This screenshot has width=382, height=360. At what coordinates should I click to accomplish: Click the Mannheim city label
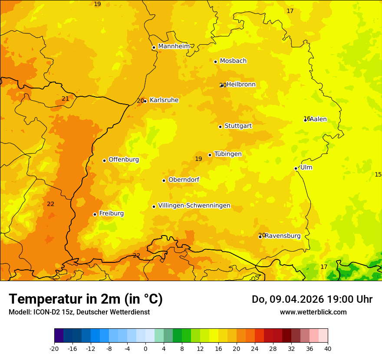[x=174, y=46]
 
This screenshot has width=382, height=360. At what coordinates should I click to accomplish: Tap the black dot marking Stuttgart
[x=220, y=127]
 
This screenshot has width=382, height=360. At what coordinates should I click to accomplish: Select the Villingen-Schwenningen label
[x=194, y=206]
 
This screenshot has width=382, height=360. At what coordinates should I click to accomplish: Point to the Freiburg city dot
[x=95, y=214]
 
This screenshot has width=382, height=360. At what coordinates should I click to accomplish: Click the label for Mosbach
[x=233, y=61]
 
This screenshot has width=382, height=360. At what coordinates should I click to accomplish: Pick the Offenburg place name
[x=124, y=160]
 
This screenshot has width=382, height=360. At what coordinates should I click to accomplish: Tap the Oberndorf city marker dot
[x=164, y=180]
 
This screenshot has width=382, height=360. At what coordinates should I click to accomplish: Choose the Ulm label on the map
[x=306, y=167]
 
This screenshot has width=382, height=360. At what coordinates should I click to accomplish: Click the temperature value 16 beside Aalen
[x=306, y=118]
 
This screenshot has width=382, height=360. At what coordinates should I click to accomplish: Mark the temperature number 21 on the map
[x=65, y=98]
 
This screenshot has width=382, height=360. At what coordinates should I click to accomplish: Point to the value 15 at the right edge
[x=378, y=174]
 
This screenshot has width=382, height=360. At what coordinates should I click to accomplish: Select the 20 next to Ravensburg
[x=261, y=235]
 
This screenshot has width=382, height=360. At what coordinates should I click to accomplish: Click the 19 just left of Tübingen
[x=198, y=159]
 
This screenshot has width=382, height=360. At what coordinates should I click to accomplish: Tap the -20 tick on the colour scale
[x=54, y=348]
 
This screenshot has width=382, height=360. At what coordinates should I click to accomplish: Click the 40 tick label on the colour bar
[x=328, y=348]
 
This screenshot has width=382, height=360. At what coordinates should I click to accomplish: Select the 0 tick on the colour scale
[x=145, y=348]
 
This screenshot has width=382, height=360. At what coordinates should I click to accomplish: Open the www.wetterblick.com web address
[x=313, y=312]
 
